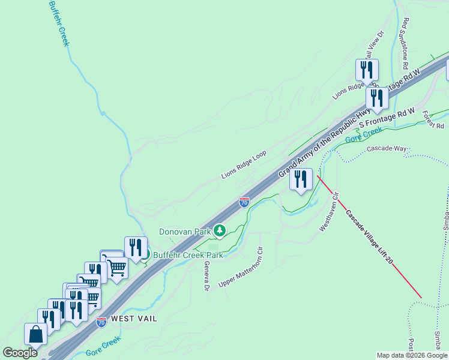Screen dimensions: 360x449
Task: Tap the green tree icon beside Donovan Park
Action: click(220, 230)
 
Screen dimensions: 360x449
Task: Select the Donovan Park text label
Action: click(185, 232)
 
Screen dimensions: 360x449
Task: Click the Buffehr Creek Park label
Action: click(188, 255)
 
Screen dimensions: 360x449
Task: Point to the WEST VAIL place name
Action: click(134, 319)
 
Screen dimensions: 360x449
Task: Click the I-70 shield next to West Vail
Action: click(101, 322)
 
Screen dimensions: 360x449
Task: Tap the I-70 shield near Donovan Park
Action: click(244, 202)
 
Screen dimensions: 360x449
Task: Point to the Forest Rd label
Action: click(432, 120)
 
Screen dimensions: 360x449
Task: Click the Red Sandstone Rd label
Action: click(405, 43)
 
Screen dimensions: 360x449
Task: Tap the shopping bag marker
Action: click(36, 335)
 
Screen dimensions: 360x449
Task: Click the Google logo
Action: click(20, 353)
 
